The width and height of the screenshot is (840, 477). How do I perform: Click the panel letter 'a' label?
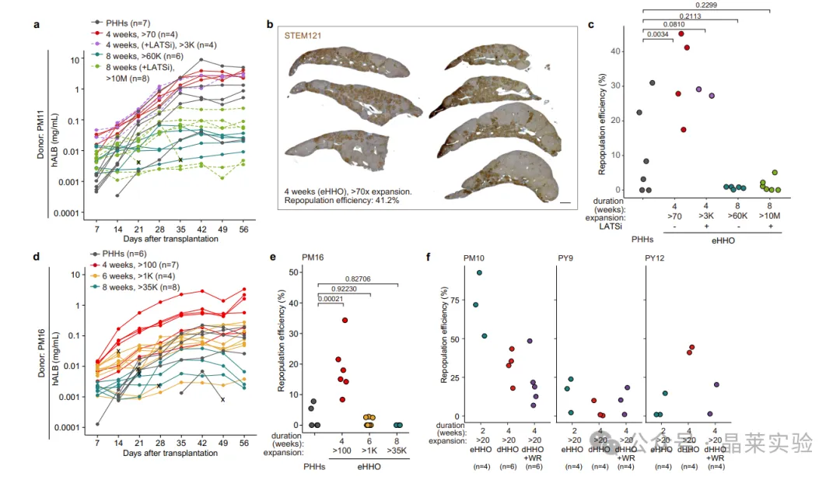click(37, 25)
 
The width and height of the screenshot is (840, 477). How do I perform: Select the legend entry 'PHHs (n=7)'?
click(121, 23)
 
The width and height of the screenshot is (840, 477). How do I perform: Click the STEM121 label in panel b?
click(303, 36)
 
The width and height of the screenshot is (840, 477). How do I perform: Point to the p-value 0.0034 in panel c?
click(657, 34)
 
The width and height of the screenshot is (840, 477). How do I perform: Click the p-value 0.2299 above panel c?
click(706, 5)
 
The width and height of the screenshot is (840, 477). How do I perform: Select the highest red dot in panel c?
click(681, 33)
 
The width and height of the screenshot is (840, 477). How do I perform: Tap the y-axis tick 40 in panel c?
click(615, 51)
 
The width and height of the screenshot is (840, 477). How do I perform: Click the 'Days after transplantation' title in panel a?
click(170, 239)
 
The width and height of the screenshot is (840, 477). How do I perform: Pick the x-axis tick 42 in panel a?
click(202, 230)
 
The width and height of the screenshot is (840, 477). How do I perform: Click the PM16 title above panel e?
click(313, 258)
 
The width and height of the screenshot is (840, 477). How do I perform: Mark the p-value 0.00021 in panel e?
click(331, 299)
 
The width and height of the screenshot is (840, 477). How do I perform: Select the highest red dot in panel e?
click(345, 321)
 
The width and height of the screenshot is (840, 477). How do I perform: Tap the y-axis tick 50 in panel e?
click(293, 272)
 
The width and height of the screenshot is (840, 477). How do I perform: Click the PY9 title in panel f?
click(565, 258)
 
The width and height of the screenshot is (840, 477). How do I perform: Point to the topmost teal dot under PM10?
click(479, 273)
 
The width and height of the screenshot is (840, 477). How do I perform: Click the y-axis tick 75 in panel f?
click(454, 300)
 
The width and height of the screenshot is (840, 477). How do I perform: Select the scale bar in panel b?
click(565, 203)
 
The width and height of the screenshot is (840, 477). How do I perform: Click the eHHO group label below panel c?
click(723, 241)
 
